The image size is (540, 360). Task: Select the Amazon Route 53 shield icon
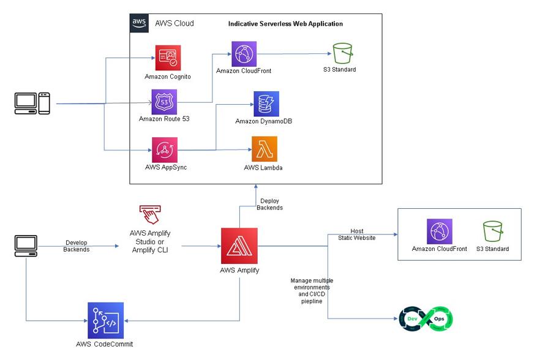point(164,101)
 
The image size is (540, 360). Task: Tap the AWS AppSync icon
point(164,149)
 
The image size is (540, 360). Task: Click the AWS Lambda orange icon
point(264,149)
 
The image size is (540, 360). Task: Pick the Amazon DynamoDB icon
point(266,103)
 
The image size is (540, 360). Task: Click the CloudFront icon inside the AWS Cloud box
point(244,54)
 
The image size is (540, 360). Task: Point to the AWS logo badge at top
point(139,23)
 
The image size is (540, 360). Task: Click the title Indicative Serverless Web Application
point(285,24)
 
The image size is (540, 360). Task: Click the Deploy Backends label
point(270,204)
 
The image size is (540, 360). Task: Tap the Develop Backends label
point(76,246)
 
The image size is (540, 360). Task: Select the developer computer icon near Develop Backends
point(26,246)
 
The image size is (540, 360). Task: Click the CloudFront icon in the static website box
point(440,231)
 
